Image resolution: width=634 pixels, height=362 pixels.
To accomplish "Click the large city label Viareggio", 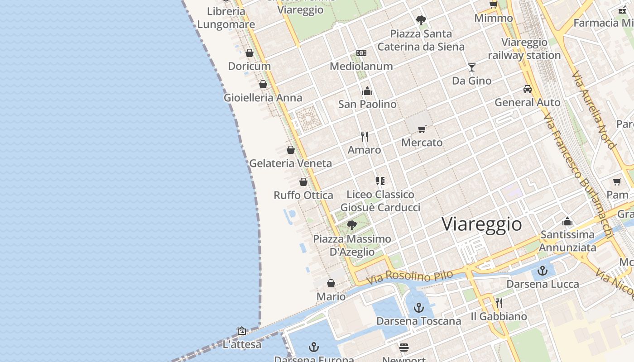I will click(x=481, y=224).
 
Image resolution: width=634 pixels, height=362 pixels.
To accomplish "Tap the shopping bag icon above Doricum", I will click(x=249, y=53).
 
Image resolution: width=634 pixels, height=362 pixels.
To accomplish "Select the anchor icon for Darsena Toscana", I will click(x=419, y=308).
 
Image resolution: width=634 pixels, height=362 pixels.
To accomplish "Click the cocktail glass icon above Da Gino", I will click(x=472, y=67).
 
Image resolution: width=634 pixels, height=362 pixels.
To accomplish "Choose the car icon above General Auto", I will click(x=527, y=89).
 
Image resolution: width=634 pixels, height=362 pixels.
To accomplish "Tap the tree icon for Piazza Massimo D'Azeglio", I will click(x=352, y=225).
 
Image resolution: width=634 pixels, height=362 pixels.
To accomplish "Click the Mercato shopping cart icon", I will click(x=422, y=129).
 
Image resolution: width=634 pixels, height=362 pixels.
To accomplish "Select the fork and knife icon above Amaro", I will click(x=365, y=136).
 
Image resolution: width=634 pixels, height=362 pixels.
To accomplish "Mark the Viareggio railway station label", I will click(x=524, y=49).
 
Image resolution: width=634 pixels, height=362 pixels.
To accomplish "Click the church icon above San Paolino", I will click(x=367, y=91).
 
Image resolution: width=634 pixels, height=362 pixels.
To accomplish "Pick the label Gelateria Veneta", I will click(x=291, y=163).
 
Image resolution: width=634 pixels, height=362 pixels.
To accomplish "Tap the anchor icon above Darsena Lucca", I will click(x=543, y=271).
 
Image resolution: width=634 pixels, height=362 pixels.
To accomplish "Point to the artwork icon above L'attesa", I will click(x=242, y=331).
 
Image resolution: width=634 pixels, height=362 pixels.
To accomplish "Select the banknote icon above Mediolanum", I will click(x=361, y=53).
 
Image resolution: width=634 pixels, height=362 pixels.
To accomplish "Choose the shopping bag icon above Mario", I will click(x=331, y=284).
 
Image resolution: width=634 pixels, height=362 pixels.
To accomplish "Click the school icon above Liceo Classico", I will click(x=380, y=181).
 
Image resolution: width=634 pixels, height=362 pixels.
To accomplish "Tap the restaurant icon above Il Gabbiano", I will click(x=499, y=303).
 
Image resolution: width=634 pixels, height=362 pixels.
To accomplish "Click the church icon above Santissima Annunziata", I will click(x=567, y=221).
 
